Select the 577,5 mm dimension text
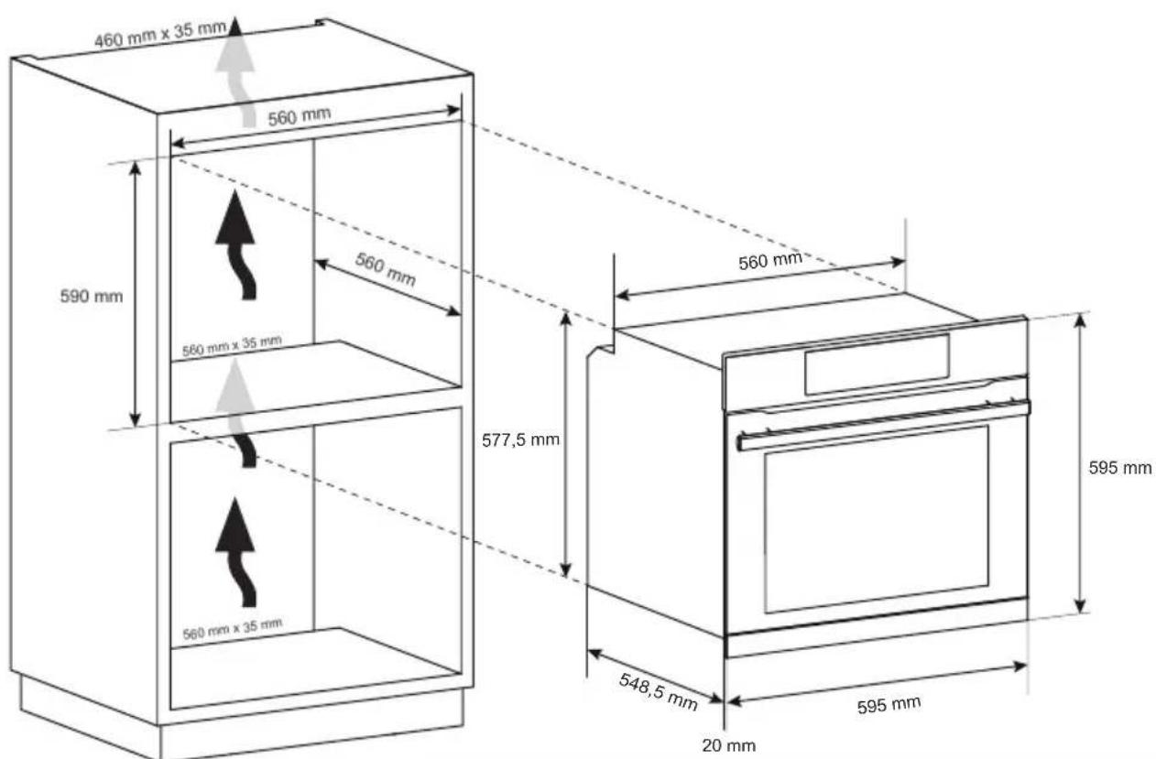[520, 439]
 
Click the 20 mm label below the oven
[729, 745]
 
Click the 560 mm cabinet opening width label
[300, 117]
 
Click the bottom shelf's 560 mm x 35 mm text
[232, 629]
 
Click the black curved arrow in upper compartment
[237, 243]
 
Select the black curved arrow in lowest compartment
[237, 549]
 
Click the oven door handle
[884, 425]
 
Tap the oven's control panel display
[877, 364]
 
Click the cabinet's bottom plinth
[238, 719]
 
